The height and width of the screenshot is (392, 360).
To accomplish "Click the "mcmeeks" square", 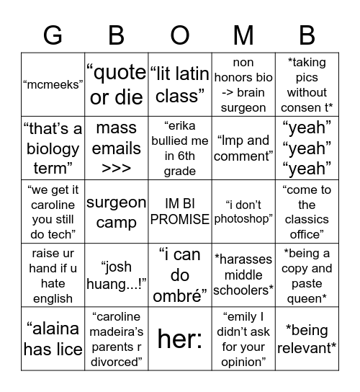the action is tap(53, 84).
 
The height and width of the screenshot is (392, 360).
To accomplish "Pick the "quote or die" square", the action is tap(116, 84).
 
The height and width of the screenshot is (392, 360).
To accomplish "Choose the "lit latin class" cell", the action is tap(179, 84).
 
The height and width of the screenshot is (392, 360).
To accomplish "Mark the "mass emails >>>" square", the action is tap(116, 148).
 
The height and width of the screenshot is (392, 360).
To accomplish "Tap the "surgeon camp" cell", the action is tap(116, 212).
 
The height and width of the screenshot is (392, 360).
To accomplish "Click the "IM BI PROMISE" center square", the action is tap(179, 212).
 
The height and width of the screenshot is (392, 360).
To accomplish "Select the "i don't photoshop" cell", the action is tap(243, 212).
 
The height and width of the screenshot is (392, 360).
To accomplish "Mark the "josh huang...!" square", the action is tap(116, 275).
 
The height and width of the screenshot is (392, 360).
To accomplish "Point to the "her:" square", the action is tap(179, 339).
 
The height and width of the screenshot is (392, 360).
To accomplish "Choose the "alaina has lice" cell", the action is tap(53, 339).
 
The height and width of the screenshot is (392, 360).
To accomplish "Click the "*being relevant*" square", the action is tap(307, 339).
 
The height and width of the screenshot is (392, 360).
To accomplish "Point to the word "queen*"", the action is tap(307, 298).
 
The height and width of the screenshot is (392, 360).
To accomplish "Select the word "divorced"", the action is tap(116, 362).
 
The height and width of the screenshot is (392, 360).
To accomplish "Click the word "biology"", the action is tap(53, 148).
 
